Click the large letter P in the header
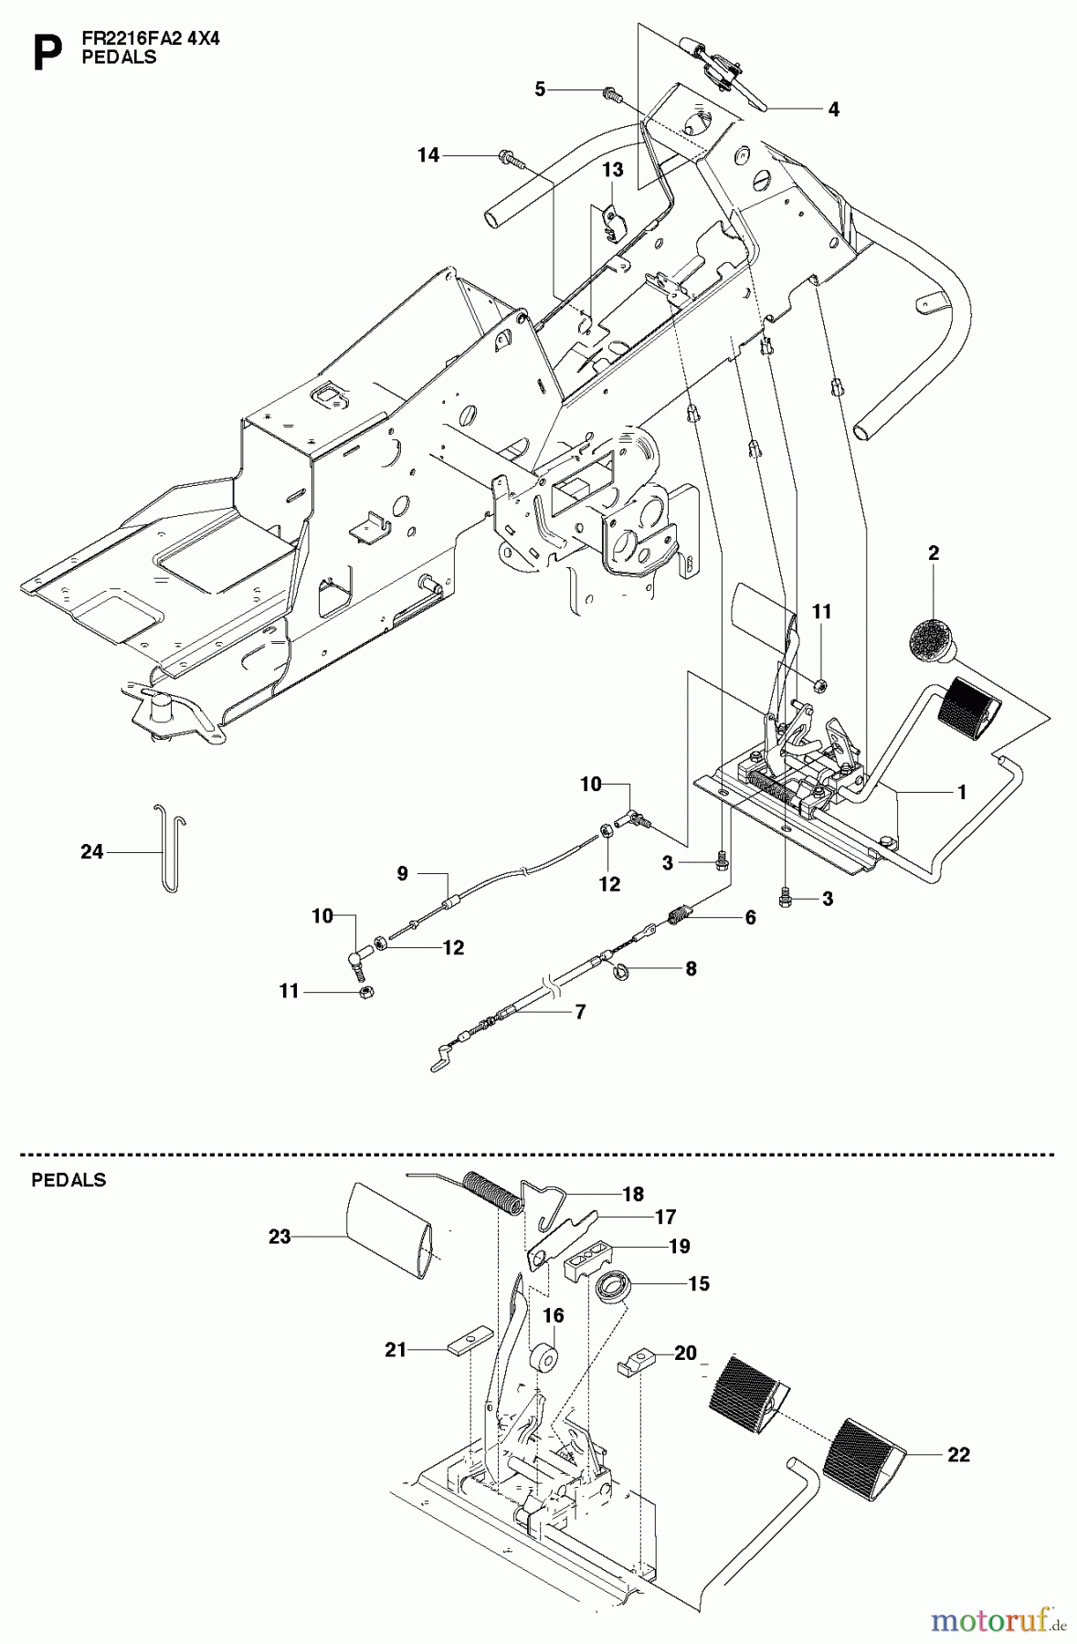click(47, 54)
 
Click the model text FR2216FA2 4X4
click(150, 39)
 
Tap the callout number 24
click(91, 852)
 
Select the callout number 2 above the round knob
click(933, 553)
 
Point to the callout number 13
click(612, 170)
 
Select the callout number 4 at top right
click(833, 109)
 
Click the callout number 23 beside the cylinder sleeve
click(280, 1237)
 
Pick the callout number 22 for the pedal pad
click(958, 1454)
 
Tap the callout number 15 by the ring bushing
click(698, 1283)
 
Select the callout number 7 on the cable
click(579, 1011)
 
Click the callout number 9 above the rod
click(402, 874)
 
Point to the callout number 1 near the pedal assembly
click(960, 792)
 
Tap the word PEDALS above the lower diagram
click(69, 1180)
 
